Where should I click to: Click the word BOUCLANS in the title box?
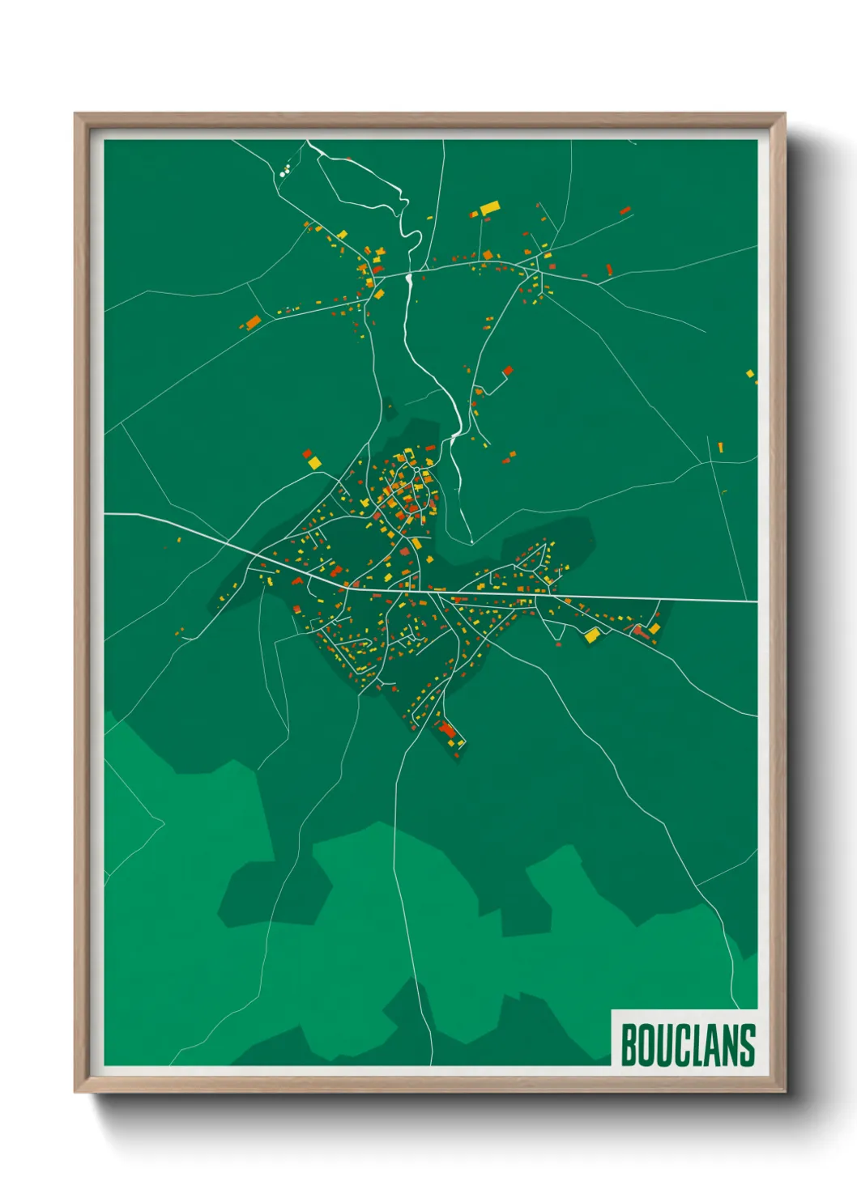pyautogui.click(x=687, y=1045)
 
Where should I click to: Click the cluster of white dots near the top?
pyautogui.click(x=284, y=171)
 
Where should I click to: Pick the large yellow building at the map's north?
pyautogui.click(x=489, y=209)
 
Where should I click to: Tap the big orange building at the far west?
pyautogui.click(x=253, y=321)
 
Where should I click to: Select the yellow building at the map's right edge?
pyautogui.click(x=750, y=374)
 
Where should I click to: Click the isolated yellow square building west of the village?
pyautogui.click(x=314, y=462)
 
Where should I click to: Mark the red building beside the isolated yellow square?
pyautogui.click(x=307, y=454)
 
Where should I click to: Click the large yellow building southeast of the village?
pyautogui.click(x=592, y=635)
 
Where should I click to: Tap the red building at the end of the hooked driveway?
pyautogui.click(x=508, y=371)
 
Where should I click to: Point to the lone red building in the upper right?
pyautogui.click(x=625, y=210)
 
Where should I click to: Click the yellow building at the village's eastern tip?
pyautogui.click(x=654, y=628)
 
